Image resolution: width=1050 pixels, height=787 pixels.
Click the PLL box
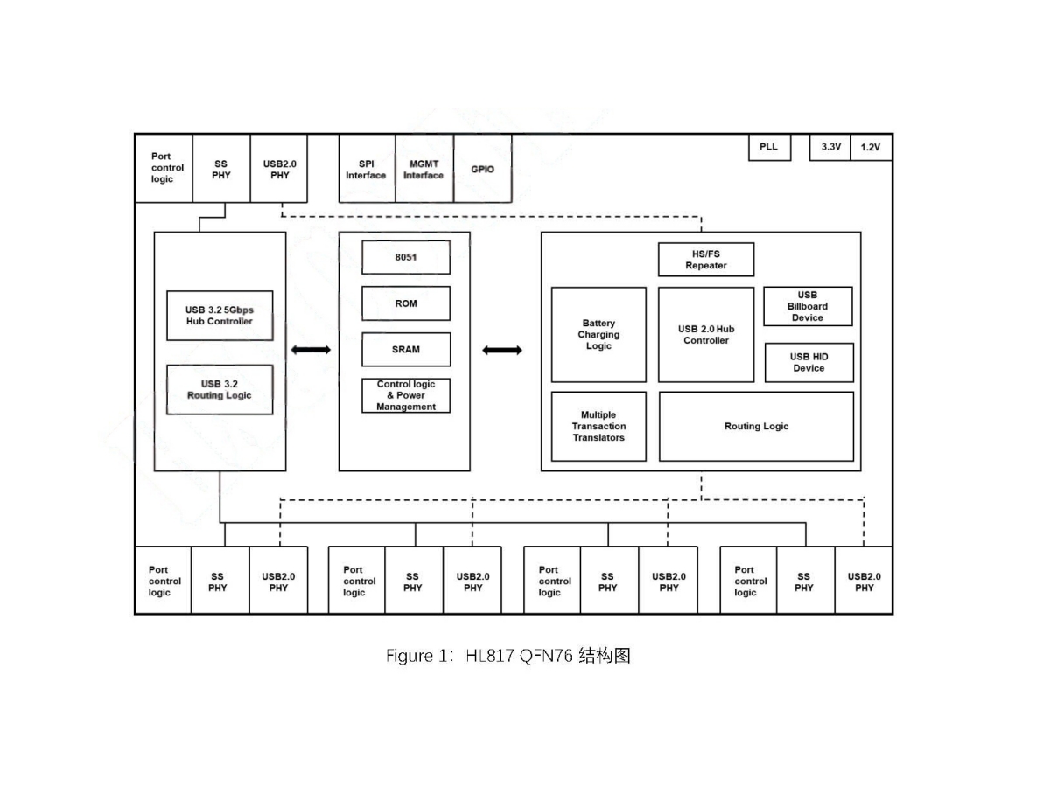point(769,148)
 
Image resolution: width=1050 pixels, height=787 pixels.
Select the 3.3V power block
point(829,148)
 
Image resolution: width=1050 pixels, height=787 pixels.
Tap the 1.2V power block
point(871,148)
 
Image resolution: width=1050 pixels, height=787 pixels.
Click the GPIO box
point(482,169)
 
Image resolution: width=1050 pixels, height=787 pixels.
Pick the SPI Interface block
point(366,169)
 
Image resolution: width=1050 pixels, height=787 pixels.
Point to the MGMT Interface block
point(423,169)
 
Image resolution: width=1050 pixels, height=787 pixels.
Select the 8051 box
point(406,257)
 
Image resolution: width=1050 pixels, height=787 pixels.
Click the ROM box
point(406,303)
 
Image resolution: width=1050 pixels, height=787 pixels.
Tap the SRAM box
point(406,349)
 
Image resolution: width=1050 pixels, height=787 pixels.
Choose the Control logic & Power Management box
point(406,395)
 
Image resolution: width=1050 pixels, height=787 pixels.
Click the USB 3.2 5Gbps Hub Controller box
point(219,316)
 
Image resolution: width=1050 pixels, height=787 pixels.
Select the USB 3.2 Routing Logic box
point(219,389)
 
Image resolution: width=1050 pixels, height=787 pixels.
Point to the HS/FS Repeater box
point(705,260)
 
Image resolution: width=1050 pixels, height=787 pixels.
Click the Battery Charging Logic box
point(598,335)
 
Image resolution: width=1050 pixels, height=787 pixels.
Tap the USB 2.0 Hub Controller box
point(705,335)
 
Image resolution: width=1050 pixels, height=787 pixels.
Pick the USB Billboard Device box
point(808,307)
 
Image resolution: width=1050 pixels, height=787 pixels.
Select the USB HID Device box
point(808,362)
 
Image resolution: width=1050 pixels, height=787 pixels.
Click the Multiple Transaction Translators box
point(598,427)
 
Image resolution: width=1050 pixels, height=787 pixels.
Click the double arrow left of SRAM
point(311,350)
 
